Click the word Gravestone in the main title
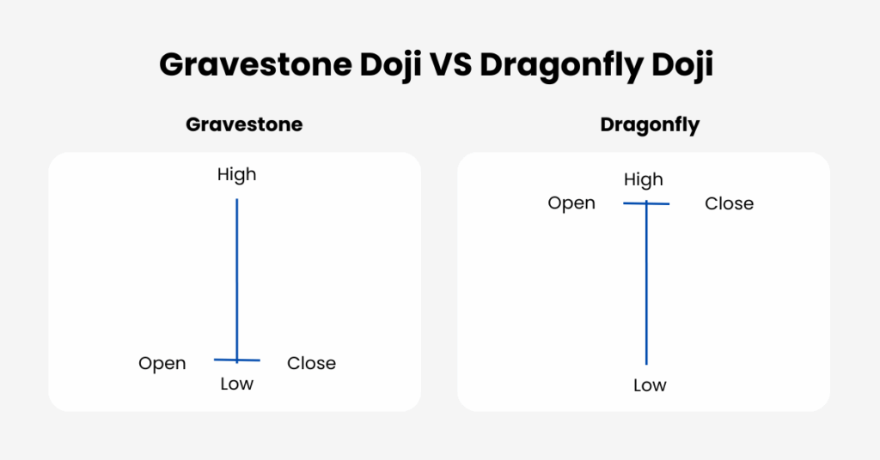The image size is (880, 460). (255, 65)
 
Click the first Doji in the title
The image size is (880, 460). (390, 65)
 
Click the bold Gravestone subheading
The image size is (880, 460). (244, 124)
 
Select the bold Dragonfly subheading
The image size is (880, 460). (650, 125)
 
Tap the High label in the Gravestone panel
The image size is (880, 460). (237, 175)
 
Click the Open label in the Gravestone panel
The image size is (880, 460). (162, 364)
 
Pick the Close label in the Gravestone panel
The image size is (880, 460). (311, 363)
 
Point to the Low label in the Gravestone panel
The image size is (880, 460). (237, 384)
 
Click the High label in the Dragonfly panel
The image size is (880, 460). (643, 180)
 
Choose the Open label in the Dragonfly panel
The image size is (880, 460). (571, 203)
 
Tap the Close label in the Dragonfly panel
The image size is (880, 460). (729, 203)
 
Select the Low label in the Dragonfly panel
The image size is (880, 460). (650, 385)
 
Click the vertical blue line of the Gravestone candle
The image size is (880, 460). (237, 281)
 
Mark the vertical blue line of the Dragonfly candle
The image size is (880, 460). (646, 282)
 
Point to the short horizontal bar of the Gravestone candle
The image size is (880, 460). (237, 360)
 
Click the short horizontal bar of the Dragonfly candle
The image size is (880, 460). (646, 203)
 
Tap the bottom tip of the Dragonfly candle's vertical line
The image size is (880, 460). (646, 365)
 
